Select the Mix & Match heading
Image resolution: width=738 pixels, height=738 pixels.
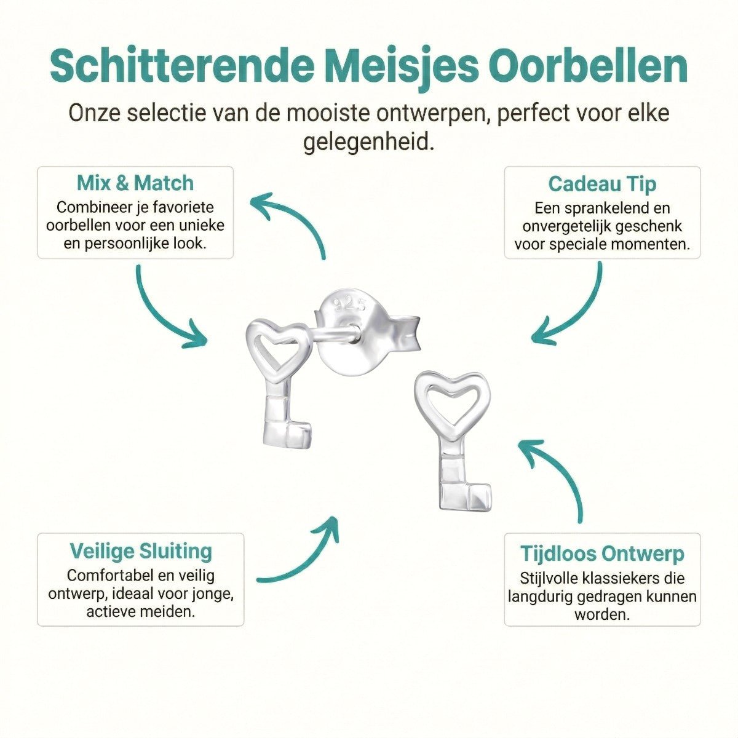pos(135,183)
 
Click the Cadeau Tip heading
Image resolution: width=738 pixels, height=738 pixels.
pos(602,184)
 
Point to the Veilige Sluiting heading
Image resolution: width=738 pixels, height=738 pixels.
pos(141,550)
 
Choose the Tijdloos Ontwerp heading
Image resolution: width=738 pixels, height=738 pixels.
pos(602,553)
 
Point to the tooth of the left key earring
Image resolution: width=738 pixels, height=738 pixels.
pos(301,433)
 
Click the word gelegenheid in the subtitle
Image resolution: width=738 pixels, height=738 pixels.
pos(368,143)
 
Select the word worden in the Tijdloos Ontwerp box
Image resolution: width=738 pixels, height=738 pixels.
pos(601,614)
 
